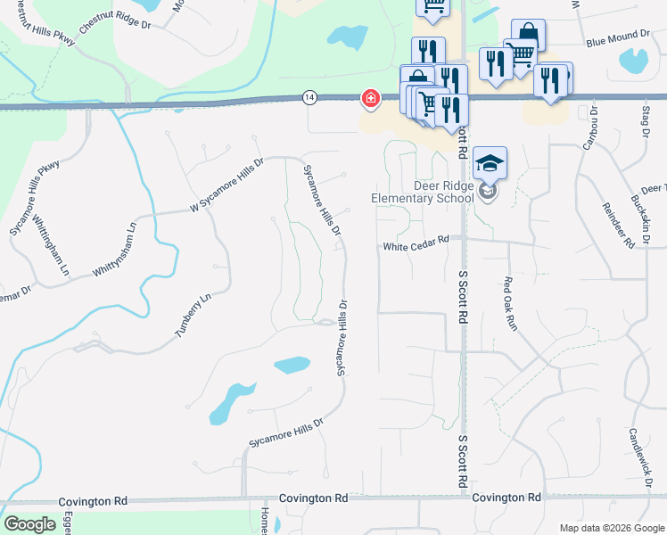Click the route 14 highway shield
(309, 97)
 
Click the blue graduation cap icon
(490, 163)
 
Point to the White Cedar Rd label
(416, 247)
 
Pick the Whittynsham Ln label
(117, 250)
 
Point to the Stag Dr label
(645, 121)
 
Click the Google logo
(29, 524)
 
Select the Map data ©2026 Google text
(611, 528)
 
